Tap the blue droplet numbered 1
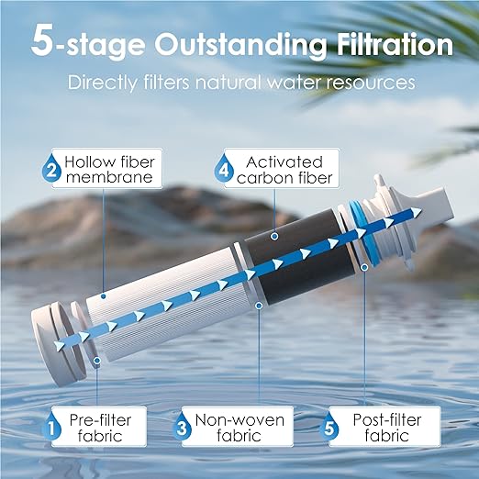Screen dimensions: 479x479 (54, 425)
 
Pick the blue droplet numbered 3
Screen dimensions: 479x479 (181, 427)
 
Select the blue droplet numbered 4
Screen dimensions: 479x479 (221, 170)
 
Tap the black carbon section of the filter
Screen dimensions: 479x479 (303, 262)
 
